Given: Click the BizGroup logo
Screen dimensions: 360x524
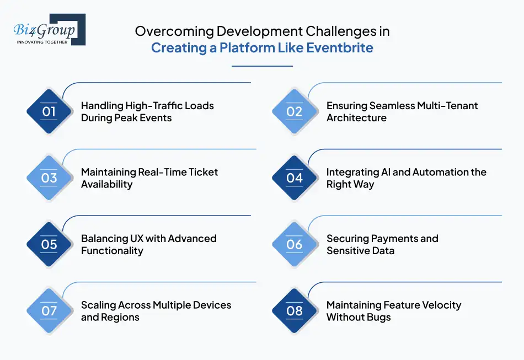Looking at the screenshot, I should click(x=49, y=30).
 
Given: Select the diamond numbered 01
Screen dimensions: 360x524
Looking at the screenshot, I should click(x=50, y=111).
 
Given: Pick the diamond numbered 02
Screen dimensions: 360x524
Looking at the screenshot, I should click(x=295, y=111).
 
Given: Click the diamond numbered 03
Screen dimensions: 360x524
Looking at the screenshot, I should click(x=50, y=178).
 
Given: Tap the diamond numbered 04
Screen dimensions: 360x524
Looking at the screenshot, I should click(x=295, y=178).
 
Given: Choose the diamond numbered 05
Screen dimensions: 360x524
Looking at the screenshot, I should click(x=50, y=244).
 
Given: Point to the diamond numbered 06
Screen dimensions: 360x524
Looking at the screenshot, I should click(x=295, y=244).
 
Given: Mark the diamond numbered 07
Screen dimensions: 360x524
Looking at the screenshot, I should click(x=50, y=311).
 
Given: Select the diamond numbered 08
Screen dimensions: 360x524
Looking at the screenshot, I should click(x=295, y=311).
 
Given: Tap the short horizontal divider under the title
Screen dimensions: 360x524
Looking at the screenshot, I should click(x=262, y=66).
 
